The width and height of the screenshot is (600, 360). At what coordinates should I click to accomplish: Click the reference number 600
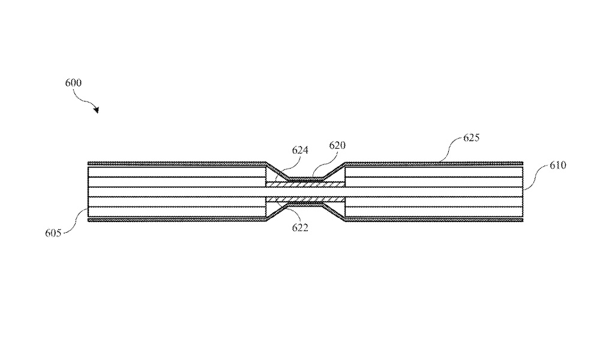point(73,83)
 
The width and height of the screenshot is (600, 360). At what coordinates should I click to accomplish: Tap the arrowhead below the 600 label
point(97,110)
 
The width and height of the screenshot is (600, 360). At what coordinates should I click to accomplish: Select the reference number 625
point(472,138)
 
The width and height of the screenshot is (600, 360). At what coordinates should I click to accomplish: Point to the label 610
point(558,165)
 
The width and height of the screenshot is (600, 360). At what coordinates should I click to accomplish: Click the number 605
point(53,233)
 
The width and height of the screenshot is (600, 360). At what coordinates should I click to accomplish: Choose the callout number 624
point(300,150)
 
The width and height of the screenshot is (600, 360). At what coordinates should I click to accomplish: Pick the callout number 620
point(337,145)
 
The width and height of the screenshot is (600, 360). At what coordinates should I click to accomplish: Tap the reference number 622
point(300,227)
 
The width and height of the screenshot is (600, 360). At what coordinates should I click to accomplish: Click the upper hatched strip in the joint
point(305,184)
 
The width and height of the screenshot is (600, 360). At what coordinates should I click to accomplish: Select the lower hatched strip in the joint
point(305,199)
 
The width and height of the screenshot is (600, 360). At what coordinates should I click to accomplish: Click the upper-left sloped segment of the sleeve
point(277,171)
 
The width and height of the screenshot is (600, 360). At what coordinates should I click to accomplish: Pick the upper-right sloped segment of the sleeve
point(334,171)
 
